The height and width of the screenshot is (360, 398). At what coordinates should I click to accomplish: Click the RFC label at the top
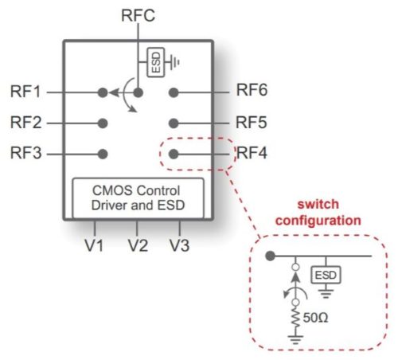tap(138, 15)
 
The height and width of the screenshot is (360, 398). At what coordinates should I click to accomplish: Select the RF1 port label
tap(26, 92)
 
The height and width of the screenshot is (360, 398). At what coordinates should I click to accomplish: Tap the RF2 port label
tap(26, 123)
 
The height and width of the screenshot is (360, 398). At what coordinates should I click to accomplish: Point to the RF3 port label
tap(26, 153)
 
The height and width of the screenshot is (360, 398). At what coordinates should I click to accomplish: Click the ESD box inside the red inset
tap(324, 275)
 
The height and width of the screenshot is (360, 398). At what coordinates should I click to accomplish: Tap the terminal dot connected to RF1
tap(102, 92)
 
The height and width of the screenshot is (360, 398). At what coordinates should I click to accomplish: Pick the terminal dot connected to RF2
tap(102, 123)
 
